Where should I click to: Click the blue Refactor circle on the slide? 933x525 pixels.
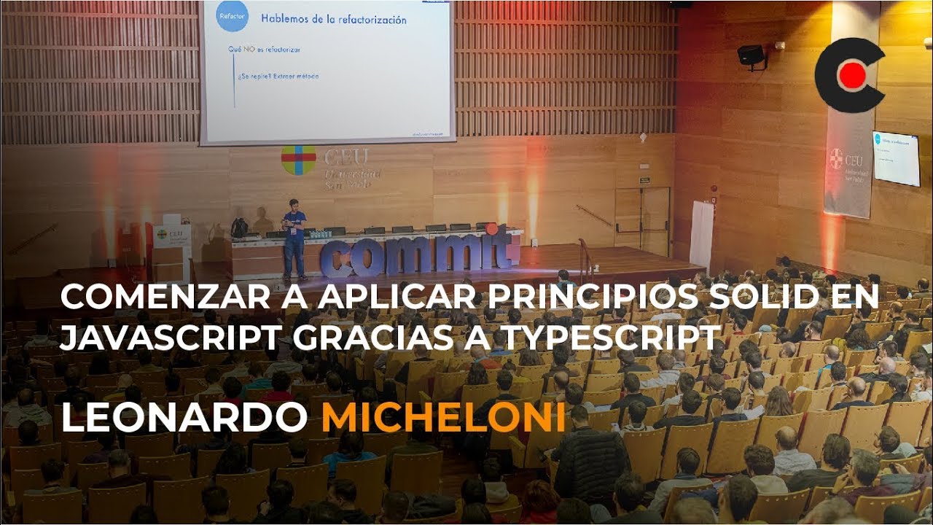[232, 15]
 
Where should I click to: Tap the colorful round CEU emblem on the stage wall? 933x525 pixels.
[299, 160]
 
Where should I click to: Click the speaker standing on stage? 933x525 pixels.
[294, 238]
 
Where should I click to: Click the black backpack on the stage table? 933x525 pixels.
[239, 227]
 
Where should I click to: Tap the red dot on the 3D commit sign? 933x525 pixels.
[493, 229]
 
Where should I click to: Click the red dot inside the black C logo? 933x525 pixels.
[852, 75]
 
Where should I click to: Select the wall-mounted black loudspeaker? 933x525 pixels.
[751, 55]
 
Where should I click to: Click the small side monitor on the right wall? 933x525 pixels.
[896, 158]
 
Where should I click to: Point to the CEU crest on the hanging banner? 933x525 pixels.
[835, 158]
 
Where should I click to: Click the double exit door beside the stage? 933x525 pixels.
[641, 220]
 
